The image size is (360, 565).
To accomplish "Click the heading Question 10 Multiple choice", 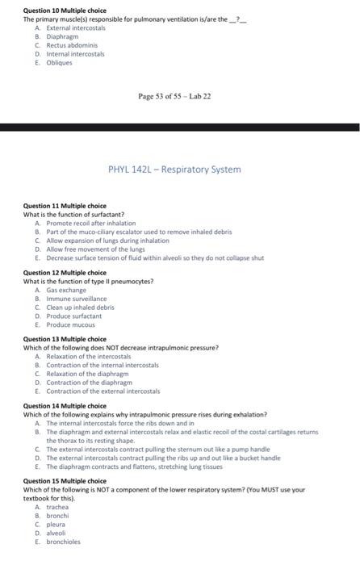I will coord(65,10).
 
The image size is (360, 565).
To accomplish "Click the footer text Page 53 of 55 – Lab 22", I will coord(174,97).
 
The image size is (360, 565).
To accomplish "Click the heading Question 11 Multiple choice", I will coord(65,206).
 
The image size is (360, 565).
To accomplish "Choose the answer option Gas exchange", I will coord(65,290).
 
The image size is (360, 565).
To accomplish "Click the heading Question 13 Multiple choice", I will coord(65,339).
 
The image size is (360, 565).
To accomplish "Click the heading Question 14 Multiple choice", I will coord(65,405).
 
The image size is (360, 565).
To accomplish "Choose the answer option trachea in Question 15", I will coord(57,507).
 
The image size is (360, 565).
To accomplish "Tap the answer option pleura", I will coord(57,525).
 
